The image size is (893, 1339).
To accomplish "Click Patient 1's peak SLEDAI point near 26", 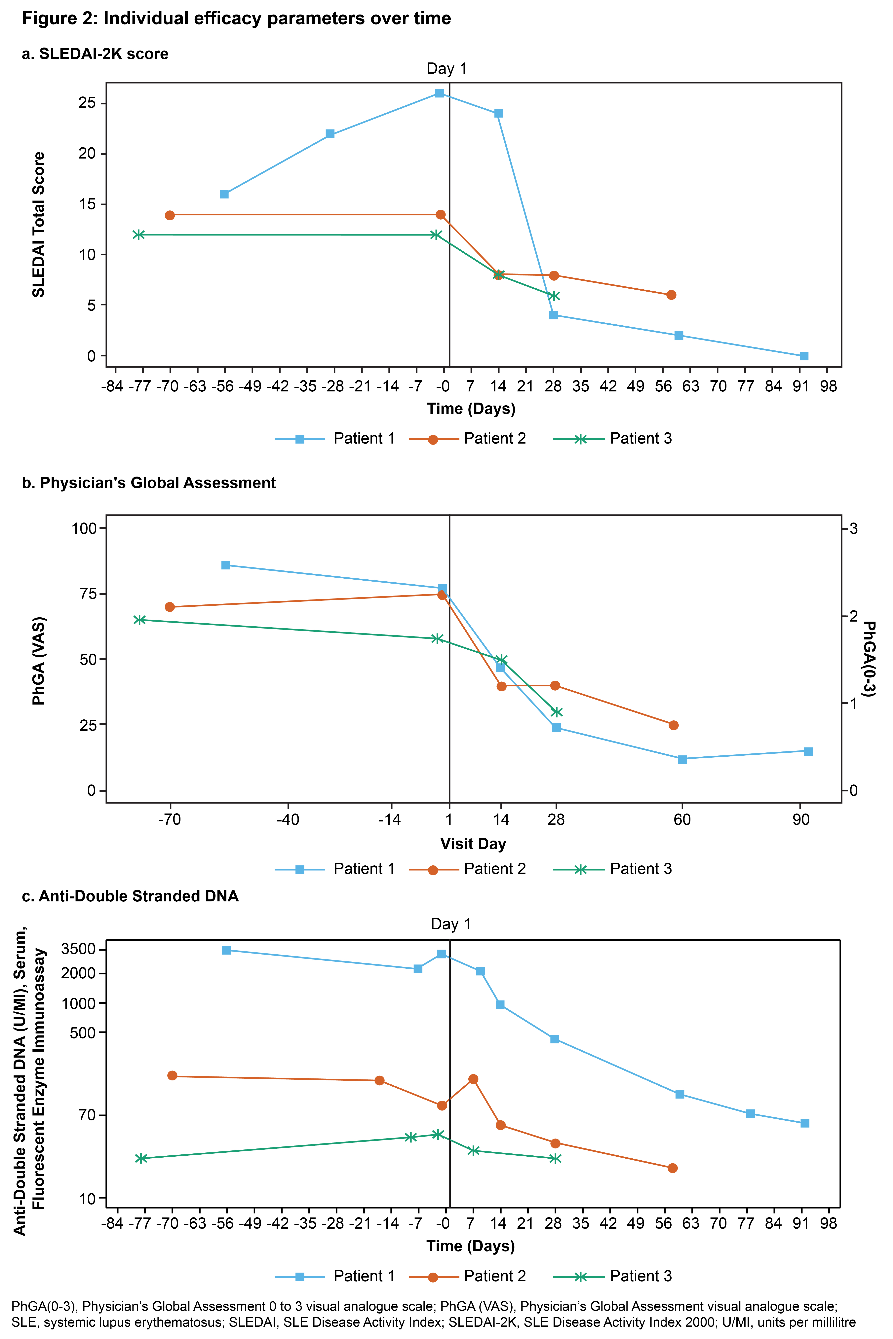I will click(439, 93).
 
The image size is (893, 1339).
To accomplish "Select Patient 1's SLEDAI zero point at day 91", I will click(804, 356).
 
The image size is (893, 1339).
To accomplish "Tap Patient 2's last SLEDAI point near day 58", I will click(672, 295).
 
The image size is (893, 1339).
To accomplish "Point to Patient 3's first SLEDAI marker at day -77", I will click(138, 235).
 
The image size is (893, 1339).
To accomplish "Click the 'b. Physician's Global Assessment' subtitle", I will click(149, 483).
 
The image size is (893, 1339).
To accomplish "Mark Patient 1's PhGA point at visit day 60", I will click(682, 759).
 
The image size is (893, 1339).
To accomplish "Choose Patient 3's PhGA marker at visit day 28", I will click(556, 712).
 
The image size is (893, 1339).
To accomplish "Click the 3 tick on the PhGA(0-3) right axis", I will click(853, 528).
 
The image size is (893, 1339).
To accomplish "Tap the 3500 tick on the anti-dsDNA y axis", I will click(79, 949).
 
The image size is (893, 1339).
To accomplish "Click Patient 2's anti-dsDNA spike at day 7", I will click(473, 1079).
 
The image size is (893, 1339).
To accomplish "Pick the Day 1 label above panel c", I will click(450, 924).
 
